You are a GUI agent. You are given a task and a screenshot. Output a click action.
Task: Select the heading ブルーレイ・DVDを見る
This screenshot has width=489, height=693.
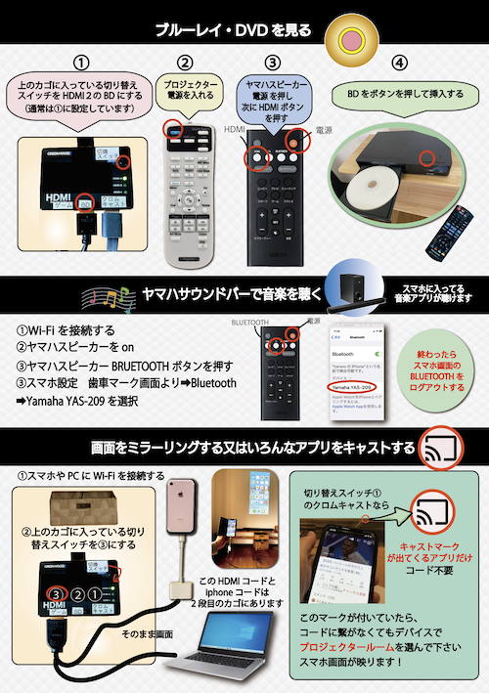pos(235,29)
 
